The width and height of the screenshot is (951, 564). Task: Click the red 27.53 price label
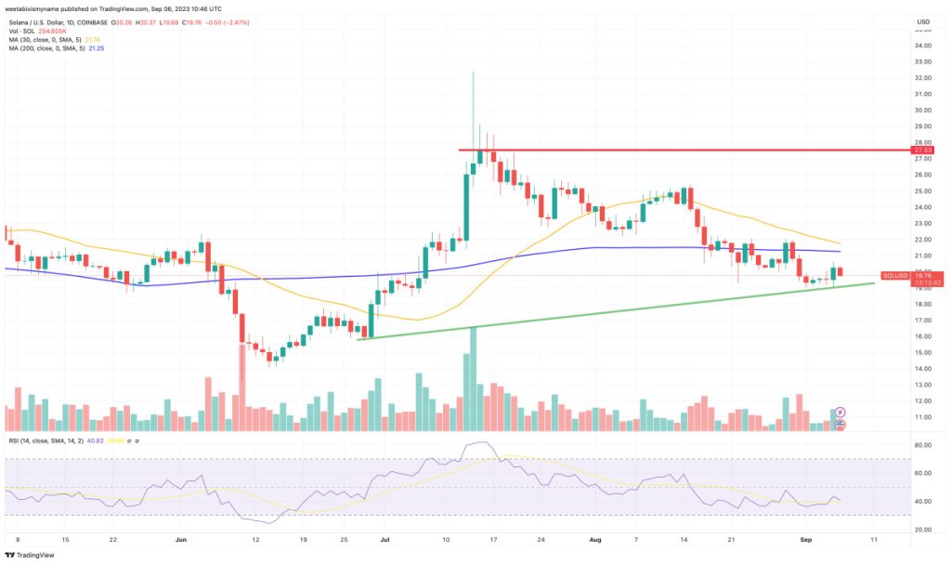click(x=922, y=150)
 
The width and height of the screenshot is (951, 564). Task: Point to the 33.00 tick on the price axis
click(x=922, y=61)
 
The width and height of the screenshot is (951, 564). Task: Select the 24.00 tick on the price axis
click(x=922, y=207)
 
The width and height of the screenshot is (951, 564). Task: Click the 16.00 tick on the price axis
click(x=922, y=336)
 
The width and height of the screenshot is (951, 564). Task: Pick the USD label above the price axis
click(x=923, y=21)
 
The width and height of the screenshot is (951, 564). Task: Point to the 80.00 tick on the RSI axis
click(x=922, y=445)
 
